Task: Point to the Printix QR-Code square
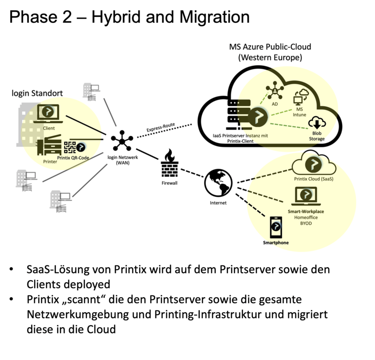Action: click(70, 147)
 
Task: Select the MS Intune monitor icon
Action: click(298, 98)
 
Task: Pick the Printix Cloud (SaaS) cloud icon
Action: click(309, 163)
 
